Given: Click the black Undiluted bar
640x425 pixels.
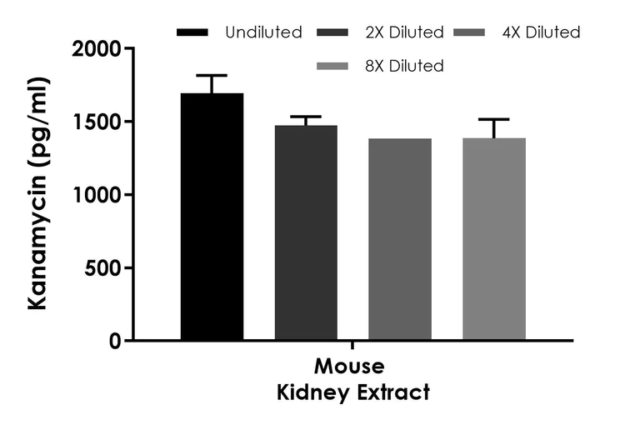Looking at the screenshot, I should point(212,217).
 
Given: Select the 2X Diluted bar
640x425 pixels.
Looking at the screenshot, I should point(306,232).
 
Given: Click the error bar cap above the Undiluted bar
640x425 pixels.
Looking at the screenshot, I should point(212,76).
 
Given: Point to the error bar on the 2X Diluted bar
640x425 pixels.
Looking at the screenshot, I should point(306,118).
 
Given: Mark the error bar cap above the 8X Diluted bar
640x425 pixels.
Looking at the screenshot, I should point(494,120).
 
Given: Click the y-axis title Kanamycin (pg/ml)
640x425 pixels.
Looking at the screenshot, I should point(38,193).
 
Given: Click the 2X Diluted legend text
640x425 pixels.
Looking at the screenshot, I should point(405,33).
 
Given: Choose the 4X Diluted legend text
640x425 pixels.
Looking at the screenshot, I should point(542,33).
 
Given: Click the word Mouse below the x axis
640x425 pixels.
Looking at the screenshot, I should point(349,367).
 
